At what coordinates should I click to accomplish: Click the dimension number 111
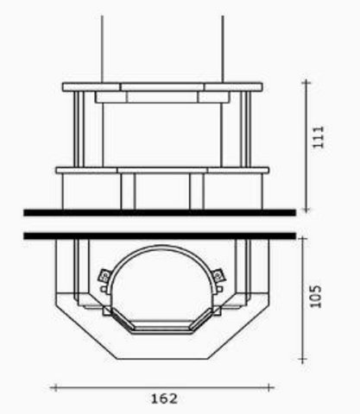[x=319, y=137]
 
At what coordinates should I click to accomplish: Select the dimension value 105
[x=315, y=297]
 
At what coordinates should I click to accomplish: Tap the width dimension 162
[x=164, y=398]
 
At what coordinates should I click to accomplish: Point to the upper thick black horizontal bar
[x=160, y=213]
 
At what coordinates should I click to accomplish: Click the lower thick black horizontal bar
[x=160, y=235]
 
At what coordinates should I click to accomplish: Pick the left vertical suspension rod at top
[x=102, y=49]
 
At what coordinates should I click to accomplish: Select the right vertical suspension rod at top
[x=223, y=49]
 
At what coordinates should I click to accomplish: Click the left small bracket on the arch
[x=104, y=276]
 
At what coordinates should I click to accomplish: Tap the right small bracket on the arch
[x=218, y=275]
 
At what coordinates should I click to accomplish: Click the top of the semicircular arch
[x=161, y=246]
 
